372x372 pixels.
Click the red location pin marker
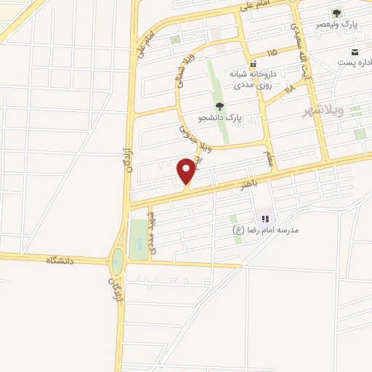coord(187,171)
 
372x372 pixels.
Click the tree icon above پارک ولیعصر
coord(336,13)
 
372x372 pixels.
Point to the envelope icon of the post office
coord(355,52)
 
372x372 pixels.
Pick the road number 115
coord(272,53)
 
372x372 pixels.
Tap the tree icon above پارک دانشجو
coord(220,106)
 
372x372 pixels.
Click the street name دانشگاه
coord(61,259)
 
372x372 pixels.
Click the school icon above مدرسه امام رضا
coord(264,218)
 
